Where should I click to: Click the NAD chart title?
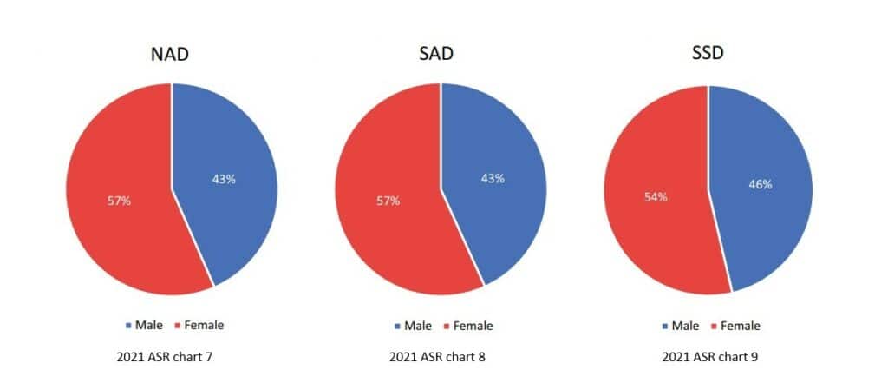170,56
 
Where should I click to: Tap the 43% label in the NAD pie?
224,179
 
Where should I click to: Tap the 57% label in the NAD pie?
119,201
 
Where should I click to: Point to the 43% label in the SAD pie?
493,178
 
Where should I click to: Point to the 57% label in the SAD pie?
388,201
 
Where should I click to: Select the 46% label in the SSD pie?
761,185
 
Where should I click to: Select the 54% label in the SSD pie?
656,197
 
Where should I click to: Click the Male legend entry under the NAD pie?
143,325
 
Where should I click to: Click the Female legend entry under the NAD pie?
199,325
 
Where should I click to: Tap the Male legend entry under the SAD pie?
412,326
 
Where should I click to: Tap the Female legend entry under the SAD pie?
467,326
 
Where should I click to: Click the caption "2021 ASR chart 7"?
164,357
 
